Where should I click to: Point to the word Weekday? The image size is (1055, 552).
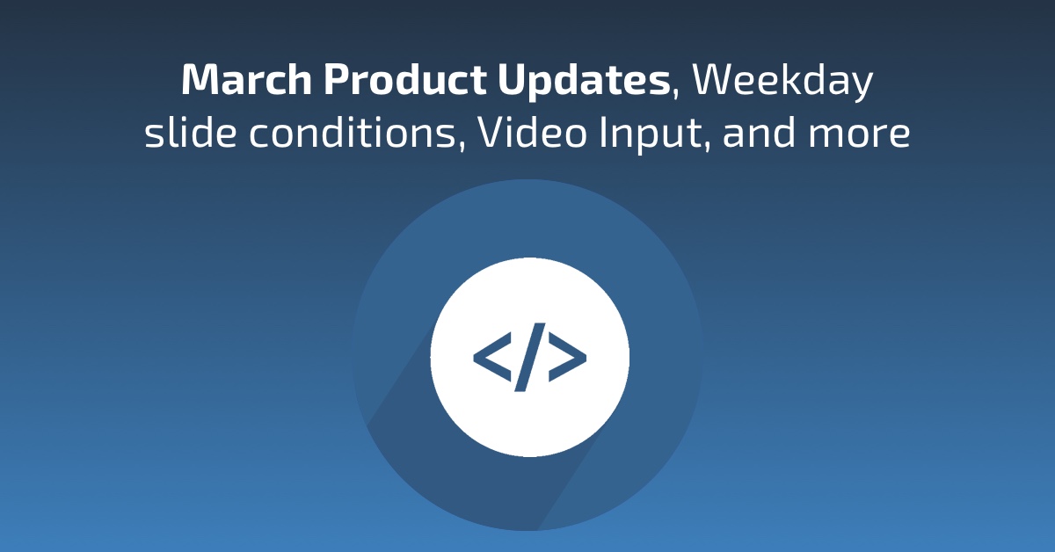coord(783,81)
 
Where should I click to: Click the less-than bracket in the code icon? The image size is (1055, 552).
coord(491,357)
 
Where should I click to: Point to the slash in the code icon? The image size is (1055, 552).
coord(530,357)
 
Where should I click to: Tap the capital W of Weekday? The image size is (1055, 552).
coord(713,81)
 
